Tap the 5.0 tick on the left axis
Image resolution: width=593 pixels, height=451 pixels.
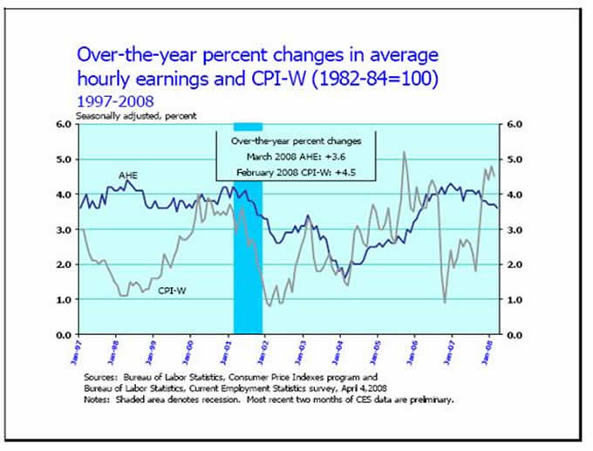point(62,160)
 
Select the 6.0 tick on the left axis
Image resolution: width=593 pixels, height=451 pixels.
point(62,124)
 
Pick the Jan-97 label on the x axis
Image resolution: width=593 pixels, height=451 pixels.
point(78,352)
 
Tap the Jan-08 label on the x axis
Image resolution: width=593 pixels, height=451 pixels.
point(488,352)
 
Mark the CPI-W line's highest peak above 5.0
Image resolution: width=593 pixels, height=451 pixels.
point(404,153)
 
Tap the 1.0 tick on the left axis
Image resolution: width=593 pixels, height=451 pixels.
point(62,300)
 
